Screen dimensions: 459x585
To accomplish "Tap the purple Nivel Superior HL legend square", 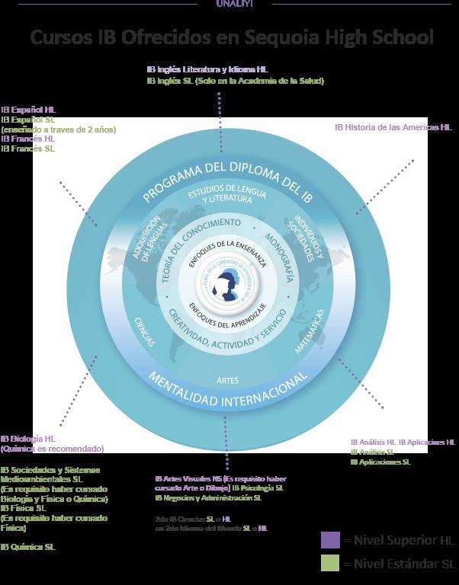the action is tap(330, 540).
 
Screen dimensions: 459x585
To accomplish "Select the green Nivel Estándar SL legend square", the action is tap(330, 564).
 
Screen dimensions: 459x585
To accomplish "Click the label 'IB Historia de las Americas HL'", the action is tap(393, 127).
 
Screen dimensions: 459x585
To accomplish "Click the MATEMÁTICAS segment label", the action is tap(310, 332).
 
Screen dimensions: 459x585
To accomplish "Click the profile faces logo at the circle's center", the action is tap(226, 286).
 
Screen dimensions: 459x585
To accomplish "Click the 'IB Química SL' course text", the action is tap(28, 547).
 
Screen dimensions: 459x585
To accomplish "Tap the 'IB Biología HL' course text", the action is tap(28, 439).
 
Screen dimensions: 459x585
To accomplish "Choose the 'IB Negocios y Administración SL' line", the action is tap(207, 497).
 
